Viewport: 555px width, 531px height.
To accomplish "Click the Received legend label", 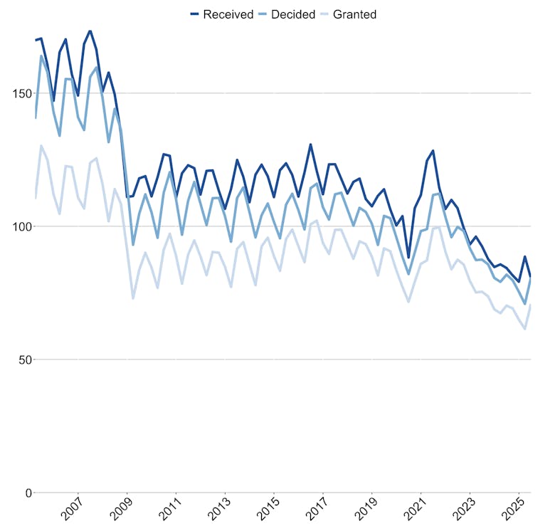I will [228, 14].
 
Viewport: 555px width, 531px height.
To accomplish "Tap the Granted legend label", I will [354, 14].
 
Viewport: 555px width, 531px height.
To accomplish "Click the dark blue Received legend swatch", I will [194, 14].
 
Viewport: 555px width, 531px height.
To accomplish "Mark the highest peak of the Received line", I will [90, 31].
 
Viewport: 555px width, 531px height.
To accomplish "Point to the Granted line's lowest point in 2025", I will [525, 329].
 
